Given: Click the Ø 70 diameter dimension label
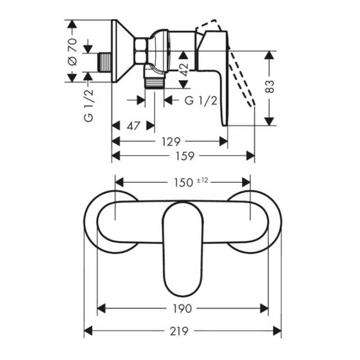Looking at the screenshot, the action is (72, 52).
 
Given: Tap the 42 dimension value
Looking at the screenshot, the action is (184, 70).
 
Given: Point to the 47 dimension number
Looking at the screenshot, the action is (133, 126).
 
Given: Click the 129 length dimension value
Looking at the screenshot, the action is (171, 142).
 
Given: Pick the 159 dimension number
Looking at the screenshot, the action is (185, 156).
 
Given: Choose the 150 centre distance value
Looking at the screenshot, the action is (184, 183).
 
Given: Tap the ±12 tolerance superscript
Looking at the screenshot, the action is (202, 180).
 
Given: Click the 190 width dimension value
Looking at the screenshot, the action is (182, 309).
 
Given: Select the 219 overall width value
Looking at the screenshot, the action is (179, 331).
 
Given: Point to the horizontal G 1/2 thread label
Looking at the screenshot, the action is (201, 100).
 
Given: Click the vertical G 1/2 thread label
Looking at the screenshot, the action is (89, 106).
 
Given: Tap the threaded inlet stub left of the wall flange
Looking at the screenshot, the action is (105, 62).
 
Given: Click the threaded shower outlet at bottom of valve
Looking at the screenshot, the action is (154, 83).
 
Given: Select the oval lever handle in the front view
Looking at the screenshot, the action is (183, 249).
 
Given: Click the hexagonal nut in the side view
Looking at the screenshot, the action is (142, 50).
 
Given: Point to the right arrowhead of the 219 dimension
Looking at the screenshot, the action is (277, 331).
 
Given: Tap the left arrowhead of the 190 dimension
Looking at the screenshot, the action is (101, 308).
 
